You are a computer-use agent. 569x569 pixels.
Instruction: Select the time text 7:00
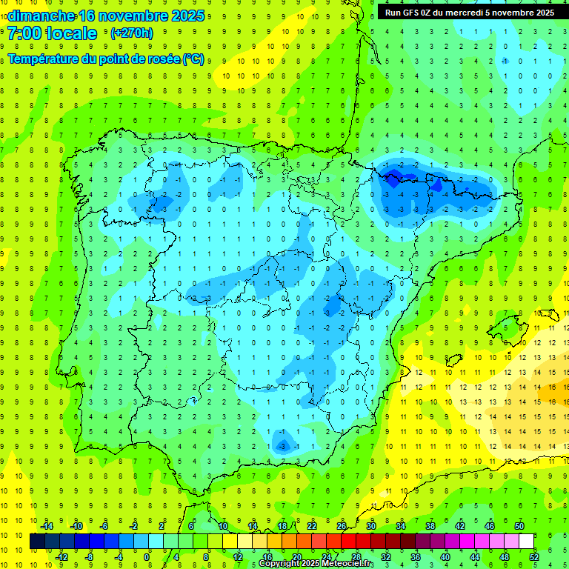tap(27, 33)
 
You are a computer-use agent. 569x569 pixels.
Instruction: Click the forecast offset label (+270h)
tap(131, 33)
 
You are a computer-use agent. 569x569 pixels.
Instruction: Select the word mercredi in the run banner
tap(465, 13)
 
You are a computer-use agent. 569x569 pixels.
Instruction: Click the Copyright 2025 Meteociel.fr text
tap(316, 564)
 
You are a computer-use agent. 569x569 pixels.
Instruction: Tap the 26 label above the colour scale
tap(342, 525)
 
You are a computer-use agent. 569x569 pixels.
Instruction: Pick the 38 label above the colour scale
tap(430, 525)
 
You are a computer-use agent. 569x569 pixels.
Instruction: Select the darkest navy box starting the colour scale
tap(37, 541)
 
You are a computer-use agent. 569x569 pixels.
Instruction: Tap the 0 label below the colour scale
tap(147, 556)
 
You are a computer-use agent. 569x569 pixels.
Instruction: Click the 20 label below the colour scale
tap(296, 556)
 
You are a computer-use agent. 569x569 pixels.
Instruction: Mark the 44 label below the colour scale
tap(475, 556)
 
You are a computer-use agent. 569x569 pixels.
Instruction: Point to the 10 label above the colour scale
tap(222, 525)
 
